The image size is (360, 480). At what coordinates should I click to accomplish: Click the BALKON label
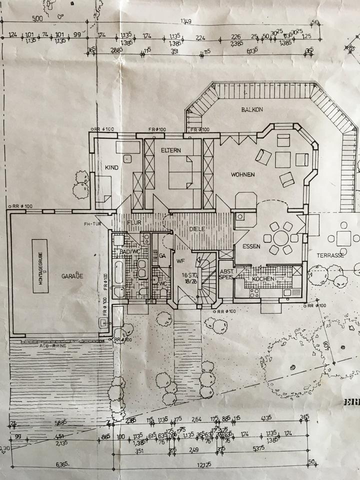251,109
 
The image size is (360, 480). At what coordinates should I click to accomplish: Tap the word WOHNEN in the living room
243,174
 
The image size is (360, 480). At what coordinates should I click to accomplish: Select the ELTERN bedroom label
170,150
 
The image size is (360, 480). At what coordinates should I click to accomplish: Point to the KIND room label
111,167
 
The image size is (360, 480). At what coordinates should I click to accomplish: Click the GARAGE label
72,275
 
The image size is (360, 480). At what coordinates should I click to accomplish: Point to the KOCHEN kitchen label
262,278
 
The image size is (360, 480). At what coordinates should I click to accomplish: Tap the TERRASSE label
329,255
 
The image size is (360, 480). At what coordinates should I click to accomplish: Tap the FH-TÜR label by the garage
93,223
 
